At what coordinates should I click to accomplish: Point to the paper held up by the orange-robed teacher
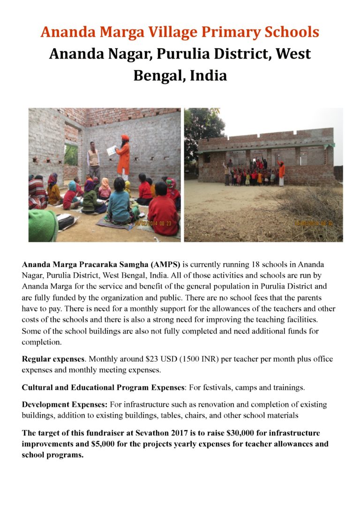pyautogui.click(x=112, y=150)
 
